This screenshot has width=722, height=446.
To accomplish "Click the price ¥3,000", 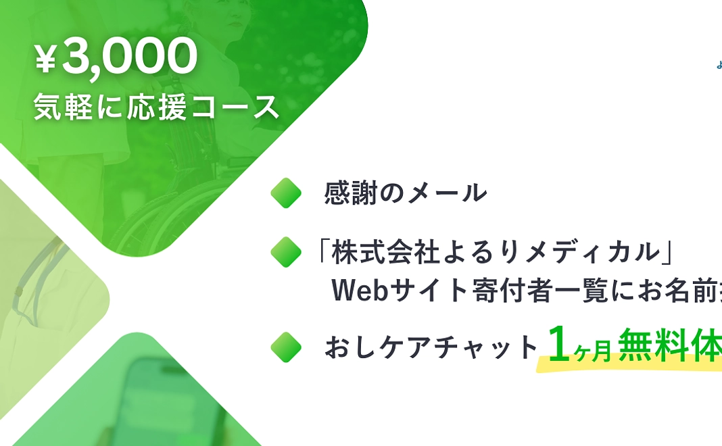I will coord(116,59).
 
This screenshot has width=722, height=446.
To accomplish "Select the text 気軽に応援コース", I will coord(156,107).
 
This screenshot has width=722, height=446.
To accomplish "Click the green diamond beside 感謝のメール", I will coord(286,193).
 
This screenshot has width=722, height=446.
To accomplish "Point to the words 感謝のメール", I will coord(406,193).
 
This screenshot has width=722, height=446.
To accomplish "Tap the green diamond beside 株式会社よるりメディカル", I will coord(286,252).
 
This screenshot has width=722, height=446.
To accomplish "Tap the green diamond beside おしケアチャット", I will coord(286,347).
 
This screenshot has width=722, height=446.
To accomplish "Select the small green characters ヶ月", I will coord(594,350).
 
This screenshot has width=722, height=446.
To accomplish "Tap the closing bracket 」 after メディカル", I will coord(669,252).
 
